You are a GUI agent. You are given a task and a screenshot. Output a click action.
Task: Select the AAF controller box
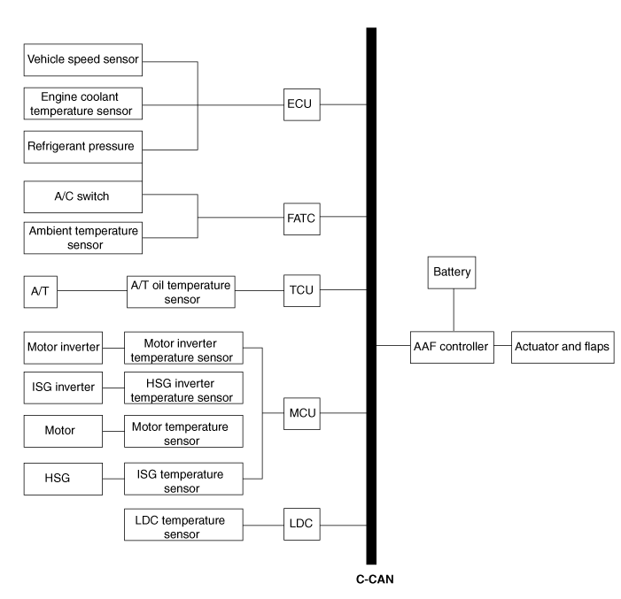[x=451, y=346]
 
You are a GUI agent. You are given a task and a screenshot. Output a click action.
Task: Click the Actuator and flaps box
[x=563, y=346]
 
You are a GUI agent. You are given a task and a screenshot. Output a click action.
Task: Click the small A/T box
[x=40, y=290]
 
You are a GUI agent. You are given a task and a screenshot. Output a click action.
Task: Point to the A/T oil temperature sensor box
[x=181, y=290]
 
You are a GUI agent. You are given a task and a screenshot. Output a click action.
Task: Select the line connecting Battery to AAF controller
[x=454, y=309]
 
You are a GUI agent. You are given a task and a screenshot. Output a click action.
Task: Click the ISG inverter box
[x=62, y=387]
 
